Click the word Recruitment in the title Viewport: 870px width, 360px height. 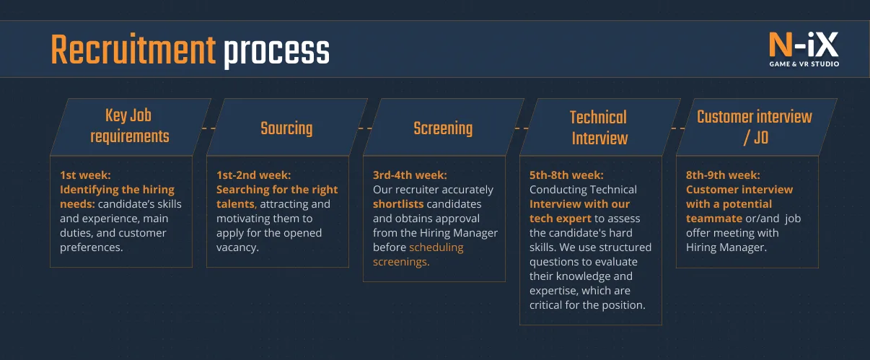coord(133,50)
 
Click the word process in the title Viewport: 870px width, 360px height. coord(276,53)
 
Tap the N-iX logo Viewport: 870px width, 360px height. coord(804,49)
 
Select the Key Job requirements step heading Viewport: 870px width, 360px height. coord(129,126)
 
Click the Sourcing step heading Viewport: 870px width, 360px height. coord(286,128)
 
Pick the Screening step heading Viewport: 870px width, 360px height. coord(443,128)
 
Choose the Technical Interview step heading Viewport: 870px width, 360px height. coord(599,128)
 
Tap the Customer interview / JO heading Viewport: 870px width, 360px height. coord(755,128)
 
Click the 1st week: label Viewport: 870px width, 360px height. coord(85,175)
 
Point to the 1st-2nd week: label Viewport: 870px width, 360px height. coord(254,175)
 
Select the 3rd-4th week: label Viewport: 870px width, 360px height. coord(410,175)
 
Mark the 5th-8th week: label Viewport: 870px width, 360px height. coord(566,175)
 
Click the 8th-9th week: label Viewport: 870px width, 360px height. coord(723,175)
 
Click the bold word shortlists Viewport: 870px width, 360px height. coord(398,204)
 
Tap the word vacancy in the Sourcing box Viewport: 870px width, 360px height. coord(236,247)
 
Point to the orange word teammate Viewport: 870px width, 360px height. coord(714,219)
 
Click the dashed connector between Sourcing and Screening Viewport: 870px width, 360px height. coord(365,128)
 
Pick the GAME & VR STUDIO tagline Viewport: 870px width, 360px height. coord(804,63)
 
